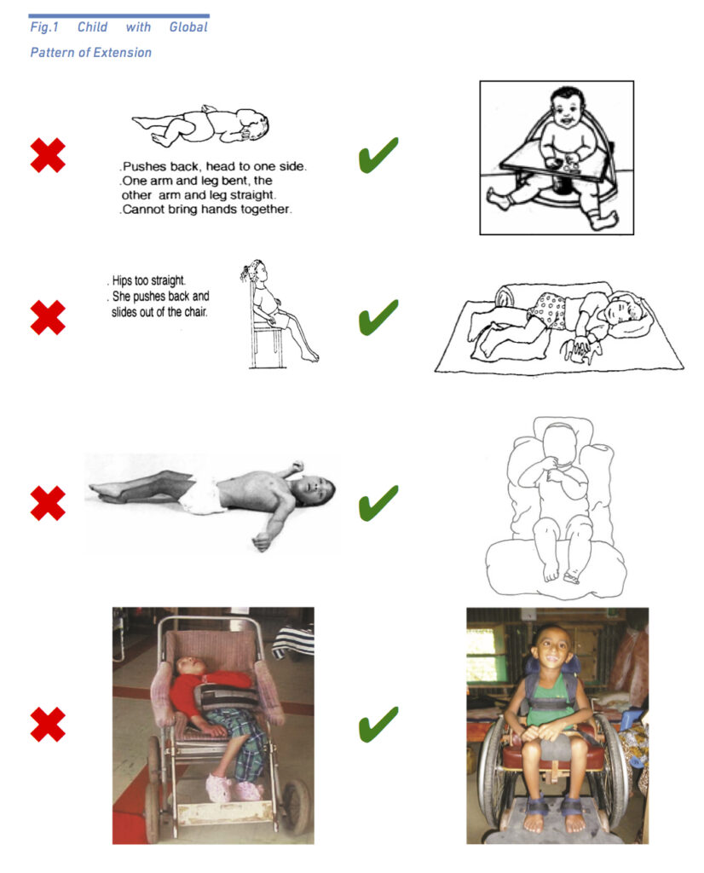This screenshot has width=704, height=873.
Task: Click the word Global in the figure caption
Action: tap(188, 26)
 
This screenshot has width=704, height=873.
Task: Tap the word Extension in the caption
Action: tap(127, 52)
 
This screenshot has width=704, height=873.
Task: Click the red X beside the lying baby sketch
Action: tap(48, 155)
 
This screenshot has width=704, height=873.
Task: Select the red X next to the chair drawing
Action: tap(48, 317)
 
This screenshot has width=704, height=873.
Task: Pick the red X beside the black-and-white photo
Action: tap(48, 503)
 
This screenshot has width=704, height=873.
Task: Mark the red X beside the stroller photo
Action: tap(48, 725)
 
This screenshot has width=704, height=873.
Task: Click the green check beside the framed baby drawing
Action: tap(378, 155)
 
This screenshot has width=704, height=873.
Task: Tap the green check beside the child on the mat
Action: tap(378, 317)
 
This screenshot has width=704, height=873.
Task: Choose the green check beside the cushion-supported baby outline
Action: tap(378, 503)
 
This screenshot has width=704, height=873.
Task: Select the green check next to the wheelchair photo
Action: tap(378, 725)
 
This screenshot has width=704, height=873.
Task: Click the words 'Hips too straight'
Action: tap(148, 280)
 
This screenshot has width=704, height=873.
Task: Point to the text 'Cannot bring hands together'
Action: tap(206, 210)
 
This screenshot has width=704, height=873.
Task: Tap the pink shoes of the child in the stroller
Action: tap(234, 789)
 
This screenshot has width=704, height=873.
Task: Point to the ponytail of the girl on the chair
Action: tap(247, 271)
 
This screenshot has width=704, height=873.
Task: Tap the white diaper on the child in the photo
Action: tap(203, 494)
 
